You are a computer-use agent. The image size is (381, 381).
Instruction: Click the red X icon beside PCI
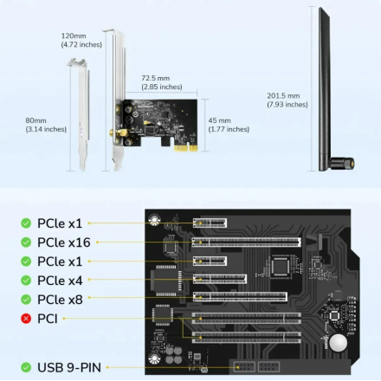point(26,319)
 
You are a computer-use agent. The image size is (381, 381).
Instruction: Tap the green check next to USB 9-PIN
point(26,367)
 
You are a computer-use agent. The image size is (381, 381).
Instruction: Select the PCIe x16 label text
point(64,242)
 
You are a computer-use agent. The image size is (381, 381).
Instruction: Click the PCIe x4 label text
point(60,281)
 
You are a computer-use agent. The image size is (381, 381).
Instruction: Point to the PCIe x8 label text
point(60,300)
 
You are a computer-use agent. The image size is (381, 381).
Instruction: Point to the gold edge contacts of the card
point(186,148)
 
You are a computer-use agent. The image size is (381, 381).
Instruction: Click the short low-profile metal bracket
point(81,114)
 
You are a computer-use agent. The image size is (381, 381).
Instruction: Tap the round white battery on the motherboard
point(339,343)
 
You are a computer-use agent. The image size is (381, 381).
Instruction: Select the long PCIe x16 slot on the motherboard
point(247,242)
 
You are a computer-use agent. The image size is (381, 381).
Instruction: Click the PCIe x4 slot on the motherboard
point(220,279)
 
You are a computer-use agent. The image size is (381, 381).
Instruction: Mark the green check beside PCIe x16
point(26,242)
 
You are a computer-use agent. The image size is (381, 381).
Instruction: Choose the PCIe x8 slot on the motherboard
point(240,297)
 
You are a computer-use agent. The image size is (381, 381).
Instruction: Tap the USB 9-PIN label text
point(69,367)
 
